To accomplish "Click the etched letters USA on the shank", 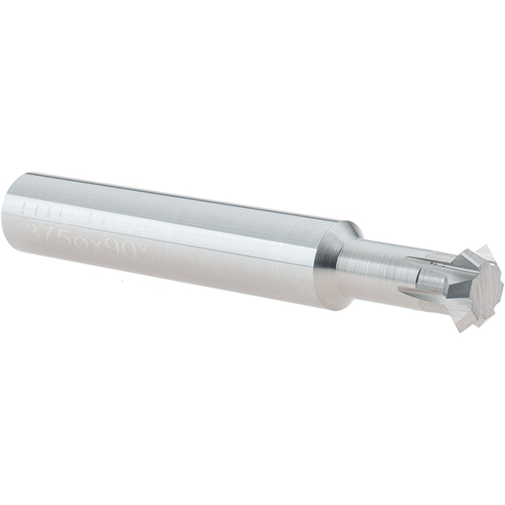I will coord(129,208).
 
